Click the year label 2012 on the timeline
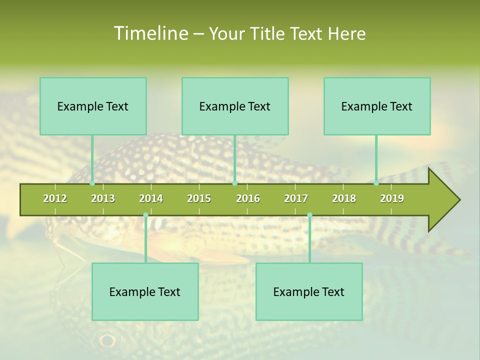pos(55,198)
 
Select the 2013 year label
pos(103,198)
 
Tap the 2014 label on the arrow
pos(151,198)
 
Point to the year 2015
pos(199,198)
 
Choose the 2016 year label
pos(248,198)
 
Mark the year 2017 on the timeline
pos(296,198)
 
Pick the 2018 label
pos(344,198)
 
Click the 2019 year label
pos(392,198)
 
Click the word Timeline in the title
pos(150,33)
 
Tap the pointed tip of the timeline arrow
pos(458,200)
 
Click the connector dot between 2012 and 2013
pos(92,183)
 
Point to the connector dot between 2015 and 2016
pos(234,183)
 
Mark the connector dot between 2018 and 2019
pos(376,183)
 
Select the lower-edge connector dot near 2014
pos(145,215)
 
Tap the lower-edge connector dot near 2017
pos(309,215)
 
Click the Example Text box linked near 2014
pos(145,292)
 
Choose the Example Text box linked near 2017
pos(309,292)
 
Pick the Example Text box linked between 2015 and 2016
pos(235,106)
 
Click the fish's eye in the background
pos(107,341)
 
